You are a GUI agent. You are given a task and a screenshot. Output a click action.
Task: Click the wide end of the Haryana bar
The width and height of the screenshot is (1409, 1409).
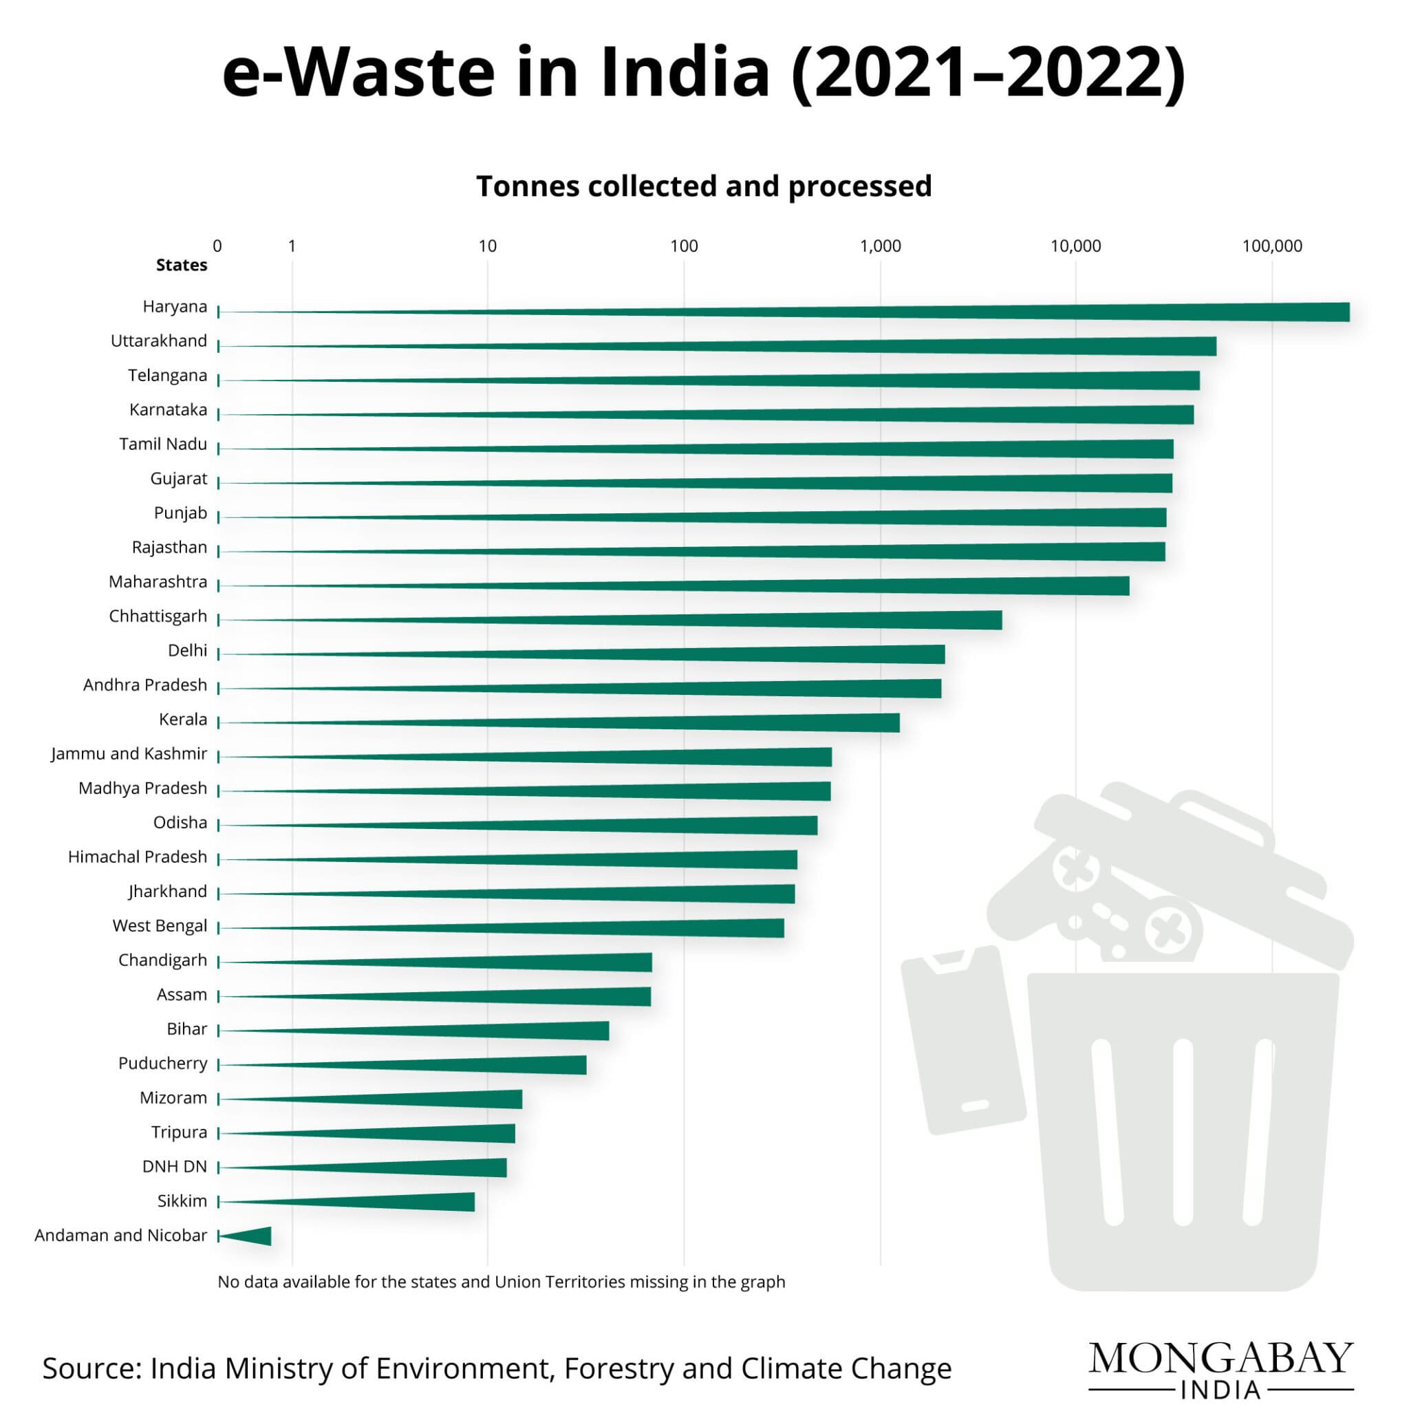tap(1340, 312)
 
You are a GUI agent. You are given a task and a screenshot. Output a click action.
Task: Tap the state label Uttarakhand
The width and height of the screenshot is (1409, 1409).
tap(158, 341)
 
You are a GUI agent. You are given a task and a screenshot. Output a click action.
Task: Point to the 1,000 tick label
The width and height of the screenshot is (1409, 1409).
tap(879, 246)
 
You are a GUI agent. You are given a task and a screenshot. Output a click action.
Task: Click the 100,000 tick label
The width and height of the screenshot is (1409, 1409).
tap(1272, 246)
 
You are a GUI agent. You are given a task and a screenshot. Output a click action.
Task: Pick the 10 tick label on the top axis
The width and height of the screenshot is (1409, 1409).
tap(487, 246)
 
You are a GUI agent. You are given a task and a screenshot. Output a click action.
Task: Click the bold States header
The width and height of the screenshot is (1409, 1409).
tap(181, 266)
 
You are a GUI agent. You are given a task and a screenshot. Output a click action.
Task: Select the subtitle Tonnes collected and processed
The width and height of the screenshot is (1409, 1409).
tap(704, 186)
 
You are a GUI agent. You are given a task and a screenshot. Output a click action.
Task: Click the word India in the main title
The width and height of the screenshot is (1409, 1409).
tap(684, 73)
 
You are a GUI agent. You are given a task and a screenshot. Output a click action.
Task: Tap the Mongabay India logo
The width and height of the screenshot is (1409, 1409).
tap(1221, 1368)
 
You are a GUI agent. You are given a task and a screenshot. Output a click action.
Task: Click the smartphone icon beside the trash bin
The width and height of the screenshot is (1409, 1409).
tap(962, 1040)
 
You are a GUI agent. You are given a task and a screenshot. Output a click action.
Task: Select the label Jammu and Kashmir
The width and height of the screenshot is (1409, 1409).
tap(129, 753)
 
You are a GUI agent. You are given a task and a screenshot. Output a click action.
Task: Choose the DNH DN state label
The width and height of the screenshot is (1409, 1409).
tap(174, 1166)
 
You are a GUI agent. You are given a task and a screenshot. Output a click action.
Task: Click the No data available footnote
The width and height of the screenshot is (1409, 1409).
tap(501, 1281)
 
